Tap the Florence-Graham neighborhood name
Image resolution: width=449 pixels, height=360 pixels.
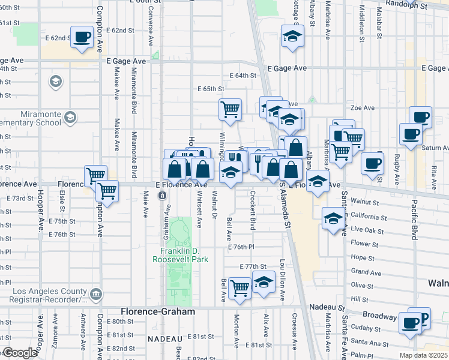158,312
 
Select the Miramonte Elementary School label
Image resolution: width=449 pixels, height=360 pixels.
30,118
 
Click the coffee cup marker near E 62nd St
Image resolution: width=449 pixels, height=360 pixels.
82,37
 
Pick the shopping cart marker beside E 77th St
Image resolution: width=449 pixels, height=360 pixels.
240,288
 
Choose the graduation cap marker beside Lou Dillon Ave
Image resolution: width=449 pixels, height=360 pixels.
263,282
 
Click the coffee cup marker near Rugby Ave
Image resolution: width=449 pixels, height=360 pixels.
372,163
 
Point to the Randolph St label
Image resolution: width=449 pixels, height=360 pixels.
406,6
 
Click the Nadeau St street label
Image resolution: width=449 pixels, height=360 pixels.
326,307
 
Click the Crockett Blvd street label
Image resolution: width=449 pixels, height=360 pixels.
253,211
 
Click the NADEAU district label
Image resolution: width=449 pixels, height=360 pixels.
161,339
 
